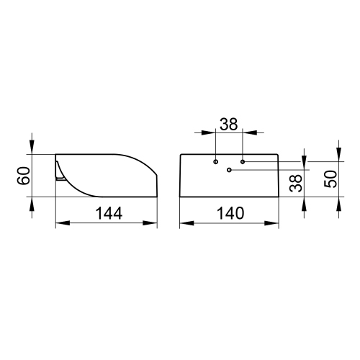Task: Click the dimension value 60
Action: point(24,175)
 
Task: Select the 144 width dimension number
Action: point(107,213)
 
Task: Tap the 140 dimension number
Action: point(229,213)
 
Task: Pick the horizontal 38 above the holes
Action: point(229,124)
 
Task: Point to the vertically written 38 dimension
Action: point(294,183)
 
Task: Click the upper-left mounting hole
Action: point(215,162)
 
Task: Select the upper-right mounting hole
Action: point(243,162)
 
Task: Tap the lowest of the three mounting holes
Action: point(229,171)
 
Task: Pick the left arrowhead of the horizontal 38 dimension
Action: point(211,132)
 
